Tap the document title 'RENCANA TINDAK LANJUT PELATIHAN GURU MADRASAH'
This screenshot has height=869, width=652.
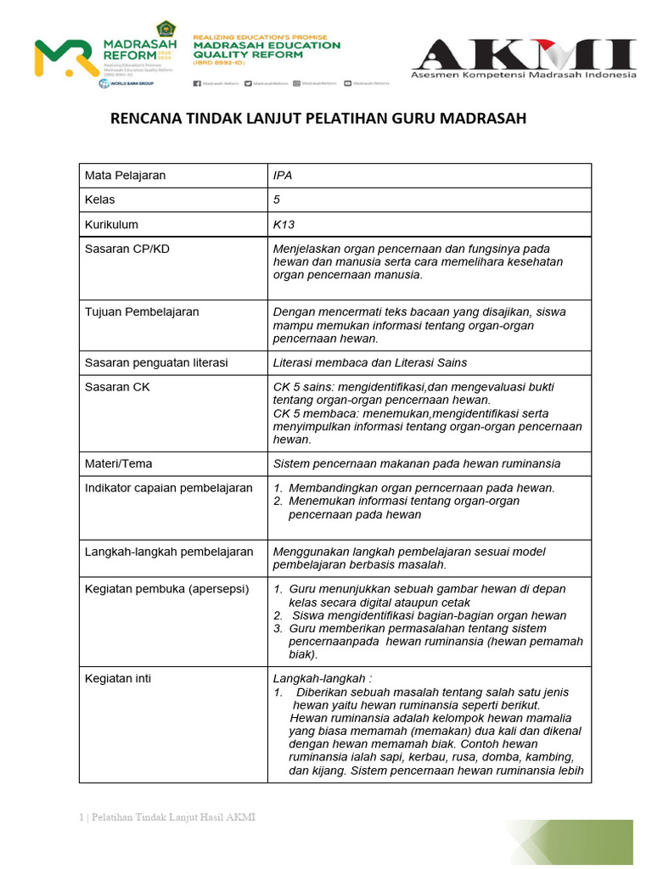pyautogui.click(x=318, y=118)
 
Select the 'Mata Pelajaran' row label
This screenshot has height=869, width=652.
pyautogui.click(x=125, y=176)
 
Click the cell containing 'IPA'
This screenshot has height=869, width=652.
pyautogui.click(x=283, y=176)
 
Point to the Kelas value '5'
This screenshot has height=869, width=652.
pyautogui.click(x=277, y=200)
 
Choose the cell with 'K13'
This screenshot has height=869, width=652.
pyautogui.click(x=284, y=225)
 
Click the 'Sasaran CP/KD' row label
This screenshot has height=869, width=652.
pyautogui.click(x=126, y=249)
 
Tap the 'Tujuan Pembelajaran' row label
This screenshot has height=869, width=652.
pyautogui.click(x=142, y=311)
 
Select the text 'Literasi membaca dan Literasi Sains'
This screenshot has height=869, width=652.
pyautogui.click(x=369, y=362)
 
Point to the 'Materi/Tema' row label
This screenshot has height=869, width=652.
pyautogui.click(x=119, y=464)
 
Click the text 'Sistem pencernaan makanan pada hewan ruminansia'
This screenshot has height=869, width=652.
pyautogui.click(x=417, y=464)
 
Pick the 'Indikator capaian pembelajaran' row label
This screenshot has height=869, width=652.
pyautogui.click(x=168, y=488)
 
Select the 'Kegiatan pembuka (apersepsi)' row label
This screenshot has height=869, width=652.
pyautogui.click(x=166, y=589)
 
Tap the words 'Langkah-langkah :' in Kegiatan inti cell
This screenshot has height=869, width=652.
pyautogui.click(x=322, y=679)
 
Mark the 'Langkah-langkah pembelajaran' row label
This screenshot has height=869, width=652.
pyautogui.click(x=169, y=552)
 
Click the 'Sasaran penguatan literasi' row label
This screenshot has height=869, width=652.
pyautogui.click(x=156, y=362)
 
